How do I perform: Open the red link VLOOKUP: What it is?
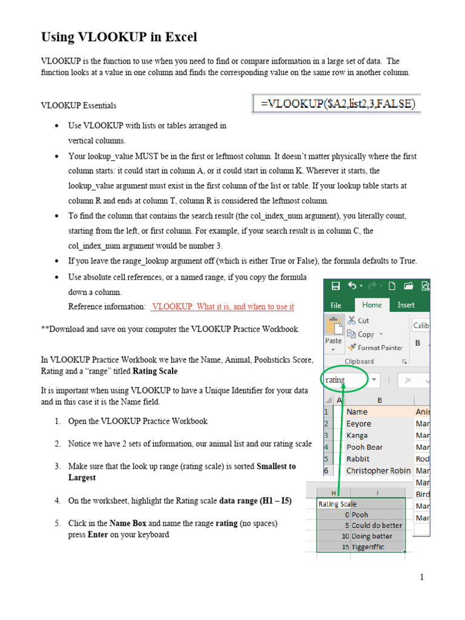coord(223,307)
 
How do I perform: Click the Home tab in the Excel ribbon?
coord(372,305)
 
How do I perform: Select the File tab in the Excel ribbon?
coord(336,305)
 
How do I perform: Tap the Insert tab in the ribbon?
coord(406,305)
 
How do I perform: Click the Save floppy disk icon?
coord(335,286)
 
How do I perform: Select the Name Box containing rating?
coord(344,380)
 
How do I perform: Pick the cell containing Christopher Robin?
coord(378,470)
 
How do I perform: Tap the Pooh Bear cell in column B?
coord(364,447)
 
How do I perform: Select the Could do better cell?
coord(377,525)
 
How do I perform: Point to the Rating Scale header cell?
coord(337,504)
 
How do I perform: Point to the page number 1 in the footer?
coord(422,578)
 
